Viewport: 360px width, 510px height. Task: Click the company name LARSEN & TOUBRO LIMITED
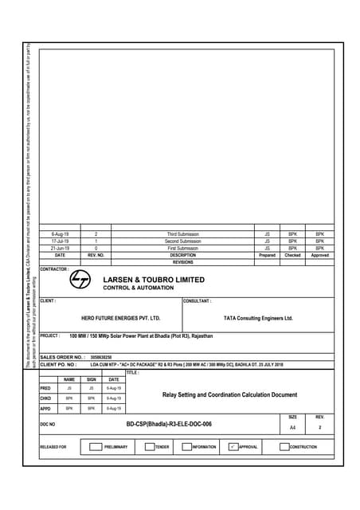click(154, 280)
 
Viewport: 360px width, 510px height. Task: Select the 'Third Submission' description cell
click(182, 234)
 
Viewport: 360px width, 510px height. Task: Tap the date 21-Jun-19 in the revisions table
click(60, 248)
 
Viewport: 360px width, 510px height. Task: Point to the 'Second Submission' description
click(182, 241)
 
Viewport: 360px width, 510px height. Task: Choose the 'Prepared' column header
click(267, 255)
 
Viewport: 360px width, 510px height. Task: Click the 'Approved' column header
click(319, 255)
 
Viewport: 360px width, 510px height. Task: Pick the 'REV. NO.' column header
click(96, 255)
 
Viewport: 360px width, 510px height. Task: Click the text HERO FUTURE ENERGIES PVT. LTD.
click(121, 318)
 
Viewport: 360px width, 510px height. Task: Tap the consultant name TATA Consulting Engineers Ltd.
click(258, 318)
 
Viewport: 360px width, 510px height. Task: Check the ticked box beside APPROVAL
click(233, 447)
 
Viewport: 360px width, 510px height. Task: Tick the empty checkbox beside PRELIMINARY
click(97, 447)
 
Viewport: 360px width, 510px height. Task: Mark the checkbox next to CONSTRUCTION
click(284, 447)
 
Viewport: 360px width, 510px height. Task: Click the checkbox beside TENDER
click(149, 447)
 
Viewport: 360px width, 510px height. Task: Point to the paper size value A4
click(292, 428)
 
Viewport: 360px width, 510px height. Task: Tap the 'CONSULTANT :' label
click(198, 301)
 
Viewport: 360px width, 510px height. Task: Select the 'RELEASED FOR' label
click(53, 447)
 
